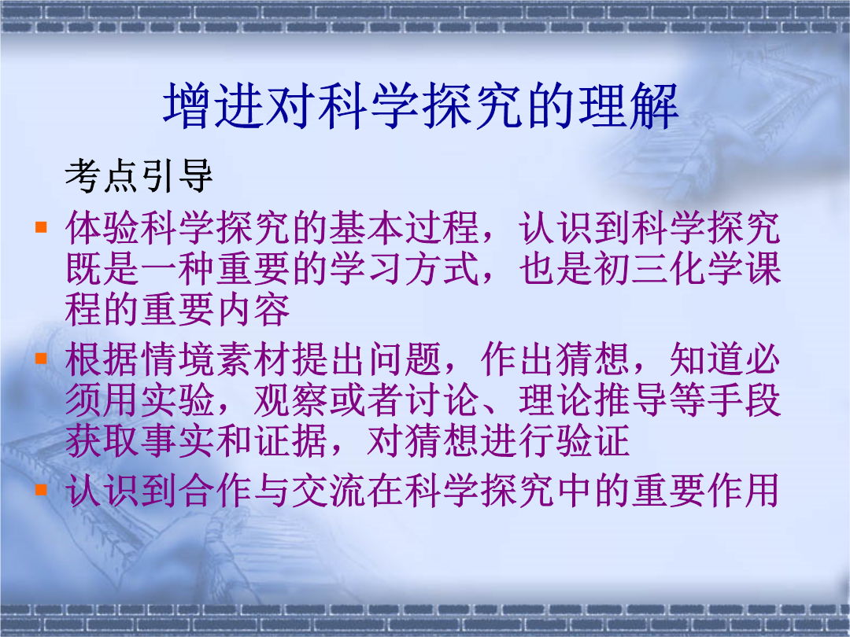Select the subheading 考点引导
tap(139, 175)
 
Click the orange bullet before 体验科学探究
tap(41, 226)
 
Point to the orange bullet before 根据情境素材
tap(41, 358)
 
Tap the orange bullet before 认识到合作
tap(41, 490)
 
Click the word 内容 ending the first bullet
tap(253, 310)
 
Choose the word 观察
tap(290, 400)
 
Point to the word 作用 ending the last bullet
tap(744, 491)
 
